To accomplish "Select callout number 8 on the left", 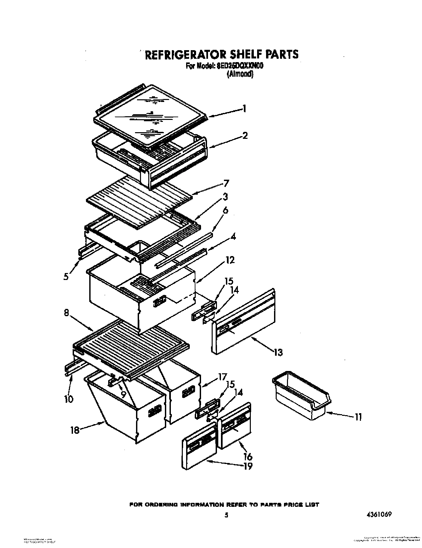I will click(x=66, y=313).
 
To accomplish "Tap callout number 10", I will click(x=69, y=399).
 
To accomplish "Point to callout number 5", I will click(x=67, y=276).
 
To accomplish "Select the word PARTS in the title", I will click(x=282, y=54).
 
